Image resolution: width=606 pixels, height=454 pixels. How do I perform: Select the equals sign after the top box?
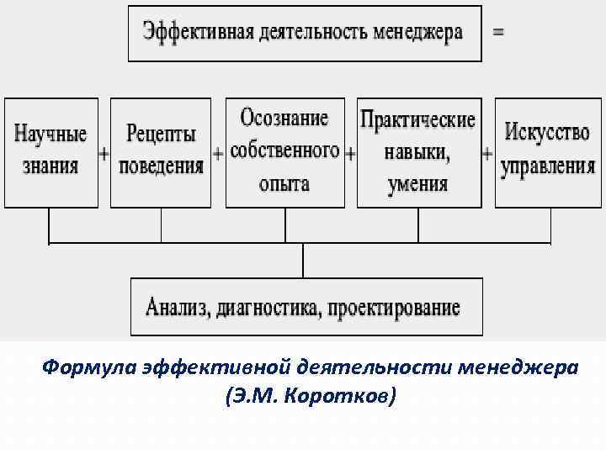498,32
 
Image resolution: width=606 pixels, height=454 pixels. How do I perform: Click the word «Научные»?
50,135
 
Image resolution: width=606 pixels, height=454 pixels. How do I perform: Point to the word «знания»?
50,165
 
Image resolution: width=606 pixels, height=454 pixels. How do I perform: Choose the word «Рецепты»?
161,135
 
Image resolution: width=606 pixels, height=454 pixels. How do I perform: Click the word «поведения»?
161,165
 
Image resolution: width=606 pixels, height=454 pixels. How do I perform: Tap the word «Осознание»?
284,117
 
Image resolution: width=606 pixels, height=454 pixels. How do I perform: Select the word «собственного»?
284,150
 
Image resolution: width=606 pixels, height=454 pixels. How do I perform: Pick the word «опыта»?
284,182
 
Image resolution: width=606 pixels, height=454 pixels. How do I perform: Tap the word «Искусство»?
548,133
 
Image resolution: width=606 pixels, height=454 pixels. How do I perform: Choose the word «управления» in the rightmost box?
548,165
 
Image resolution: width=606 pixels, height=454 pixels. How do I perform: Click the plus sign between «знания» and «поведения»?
104,155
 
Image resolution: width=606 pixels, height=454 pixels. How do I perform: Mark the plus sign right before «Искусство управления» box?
486,155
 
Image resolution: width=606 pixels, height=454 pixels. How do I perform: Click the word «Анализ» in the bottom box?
176,307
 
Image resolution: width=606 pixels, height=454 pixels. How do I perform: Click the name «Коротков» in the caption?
341,396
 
